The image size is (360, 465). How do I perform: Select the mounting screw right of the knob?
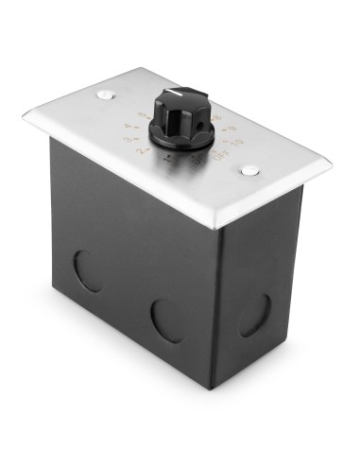[249, 170]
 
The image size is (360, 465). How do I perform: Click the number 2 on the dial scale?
[141, 150]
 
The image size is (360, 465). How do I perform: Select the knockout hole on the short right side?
[255, 316]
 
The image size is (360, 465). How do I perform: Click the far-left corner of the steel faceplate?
[25, 114]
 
